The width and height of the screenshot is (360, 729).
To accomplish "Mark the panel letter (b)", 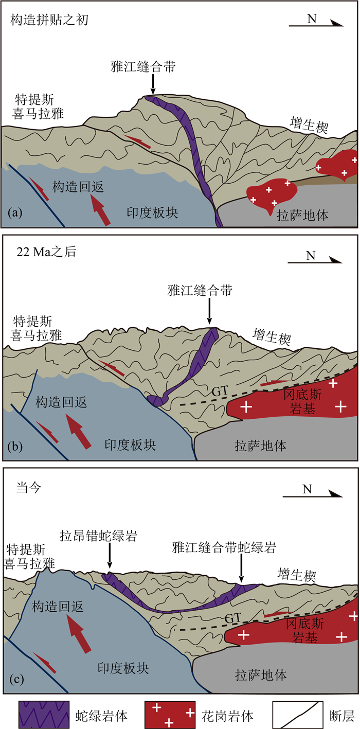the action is coord(15,446).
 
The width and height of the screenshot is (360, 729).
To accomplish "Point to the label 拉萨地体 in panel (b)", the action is coord(260,446).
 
